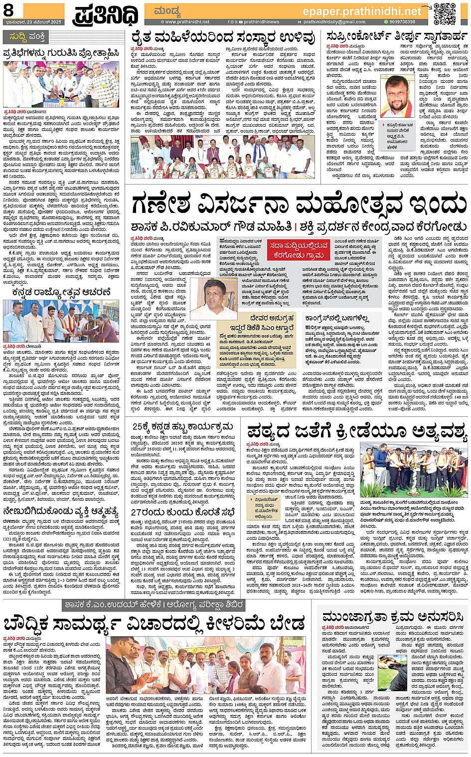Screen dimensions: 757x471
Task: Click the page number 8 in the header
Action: [9, 10]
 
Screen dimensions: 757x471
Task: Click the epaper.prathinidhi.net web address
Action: [362, 11]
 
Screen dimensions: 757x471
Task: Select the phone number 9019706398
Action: [402, 22]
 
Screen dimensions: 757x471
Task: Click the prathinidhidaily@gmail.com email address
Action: [334, 22]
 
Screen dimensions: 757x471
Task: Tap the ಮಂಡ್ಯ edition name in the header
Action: [167, 11]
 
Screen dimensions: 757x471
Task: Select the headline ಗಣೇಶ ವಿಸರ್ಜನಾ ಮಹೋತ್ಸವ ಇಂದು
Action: [298, 204]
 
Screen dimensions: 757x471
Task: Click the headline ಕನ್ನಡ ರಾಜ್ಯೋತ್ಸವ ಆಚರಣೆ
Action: [61, 292]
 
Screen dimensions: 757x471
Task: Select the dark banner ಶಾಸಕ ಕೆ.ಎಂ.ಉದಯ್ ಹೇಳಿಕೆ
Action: [155, 605]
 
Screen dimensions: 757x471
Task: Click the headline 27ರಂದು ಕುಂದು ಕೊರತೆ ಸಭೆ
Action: [182, 512]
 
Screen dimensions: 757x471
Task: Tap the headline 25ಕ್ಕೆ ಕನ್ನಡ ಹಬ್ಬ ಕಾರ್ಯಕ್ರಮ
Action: [182, 427]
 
